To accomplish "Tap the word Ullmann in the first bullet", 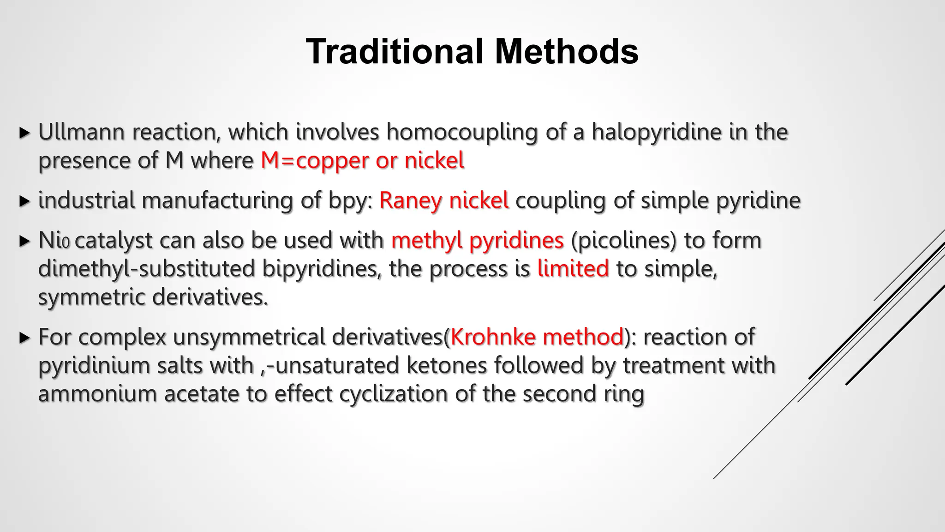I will coord(81,132).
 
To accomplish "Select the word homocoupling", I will coord(462,133).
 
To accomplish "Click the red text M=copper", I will coord(314,161).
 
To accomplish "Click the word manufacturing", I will coord(217,201).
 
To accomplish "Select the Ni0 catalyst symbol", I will coord(54,241).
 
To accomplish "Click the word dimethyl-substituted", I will coord(146,269).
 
